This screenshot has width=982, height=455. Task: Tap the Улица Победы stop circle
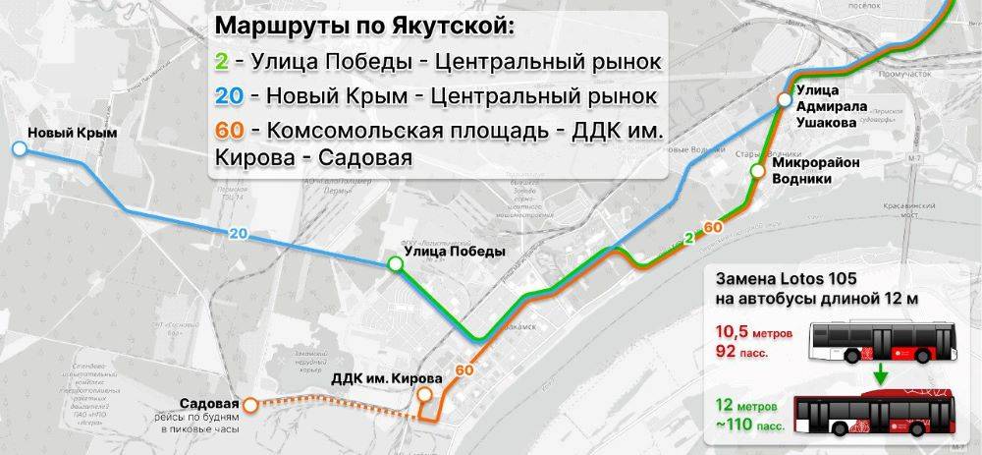click(x=395, y=263)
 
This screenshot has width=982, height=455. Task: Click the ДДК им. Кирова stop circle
click(x=424, y=395)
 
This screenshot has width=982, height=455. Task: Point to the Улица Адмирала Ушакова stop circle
click(x=784, y=99)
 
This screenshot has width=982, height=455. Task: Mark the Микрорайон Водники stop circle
click(x=757, y=171)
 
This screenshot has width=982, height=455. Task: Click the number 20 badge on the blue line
click(x=237, y=233)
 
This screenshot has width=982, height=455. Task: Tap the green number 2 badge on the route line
click(x=689, y=237)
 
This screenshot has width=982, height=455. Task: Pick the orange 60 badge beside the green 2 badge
click(x=714, y=227)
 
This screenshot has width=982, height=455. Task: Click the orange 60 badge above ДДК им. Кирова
click(x=464, y=370)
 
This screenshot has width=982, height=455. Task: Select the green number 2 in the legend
click(x=222, y=63)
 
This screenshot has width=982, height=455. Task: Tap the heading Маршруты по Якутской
click(x=363, y=26)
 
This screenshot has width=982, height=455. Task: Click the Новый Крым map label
click(x=72, y=133)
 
